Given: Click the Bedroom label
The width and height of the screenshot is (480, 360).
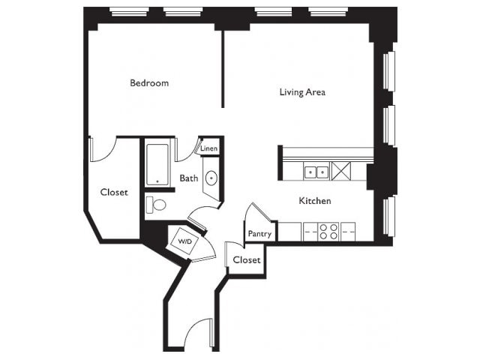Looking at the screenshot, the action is tap(149, 83).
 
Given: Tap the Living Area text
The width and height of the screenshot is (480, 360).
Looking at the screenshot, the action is tap(302, 92).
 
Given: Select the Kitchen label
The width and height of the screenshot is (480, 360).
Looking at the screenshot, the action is tap(315, 201).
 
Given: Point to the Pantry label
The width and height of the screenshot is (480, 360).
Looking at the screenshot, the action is tap(259, 234).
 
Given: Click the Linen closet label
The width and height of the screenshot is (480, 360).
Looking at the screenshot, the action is tap(209, 148).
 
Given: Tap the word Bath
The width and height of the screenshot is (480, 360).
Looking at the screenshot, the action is tap(189, 178).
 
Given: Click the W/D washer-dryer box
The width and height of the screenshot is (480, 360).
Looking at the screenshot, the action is tap(184, 241).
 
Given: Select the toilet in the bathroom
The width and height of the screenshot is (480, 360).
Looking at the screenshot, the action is tap(156, 205).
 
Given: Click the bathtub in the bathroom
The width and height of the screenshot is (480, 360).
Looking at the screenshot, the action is tap(157, 165).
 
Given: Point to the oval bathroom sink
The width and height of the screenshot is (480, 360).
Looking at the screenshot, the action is tap(211, 178).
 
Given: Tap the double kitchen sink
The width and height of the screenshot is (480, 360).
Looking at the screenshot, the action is tap(316, 172).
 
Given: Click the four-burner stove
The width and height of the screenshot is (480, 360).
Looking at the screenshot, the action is tap(328, 232).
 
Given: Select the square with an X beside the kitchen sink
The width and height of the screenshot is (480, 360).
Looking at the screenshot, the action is tap(341, 171).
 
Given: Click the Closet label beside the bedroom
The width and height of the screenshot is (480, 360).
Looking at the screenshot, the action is tap(114, 192).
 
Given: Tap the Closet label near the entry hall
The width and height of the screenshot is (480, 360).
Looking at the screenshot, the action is tap(247, 260).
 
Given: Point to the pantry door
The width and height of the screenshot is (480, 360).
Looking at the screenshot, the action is tap(261, 211).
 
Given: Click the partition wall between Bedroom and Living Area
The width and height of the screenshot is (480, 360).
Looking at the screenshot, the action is tap(223, 69).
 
